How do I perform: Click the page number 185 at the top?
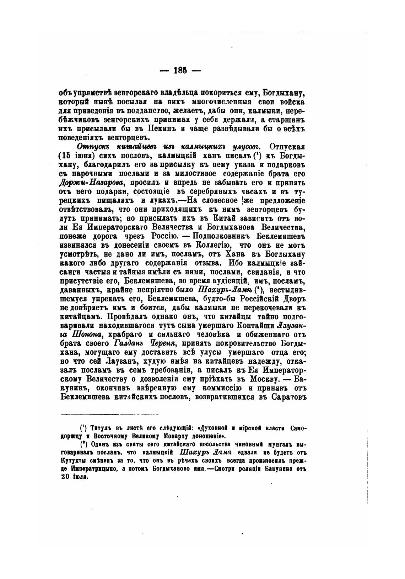tap(180, 70)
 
